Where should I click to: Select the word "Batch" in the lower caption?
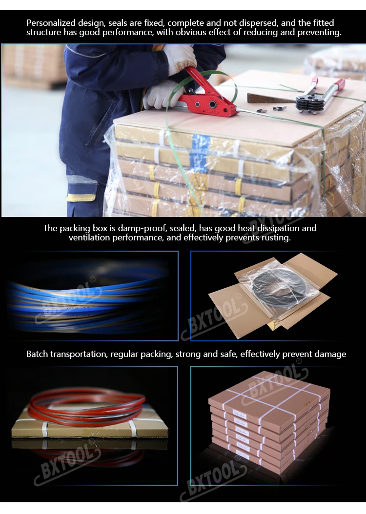(37, 354)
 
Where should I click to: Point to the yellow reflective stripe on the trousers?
(81, 198)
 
